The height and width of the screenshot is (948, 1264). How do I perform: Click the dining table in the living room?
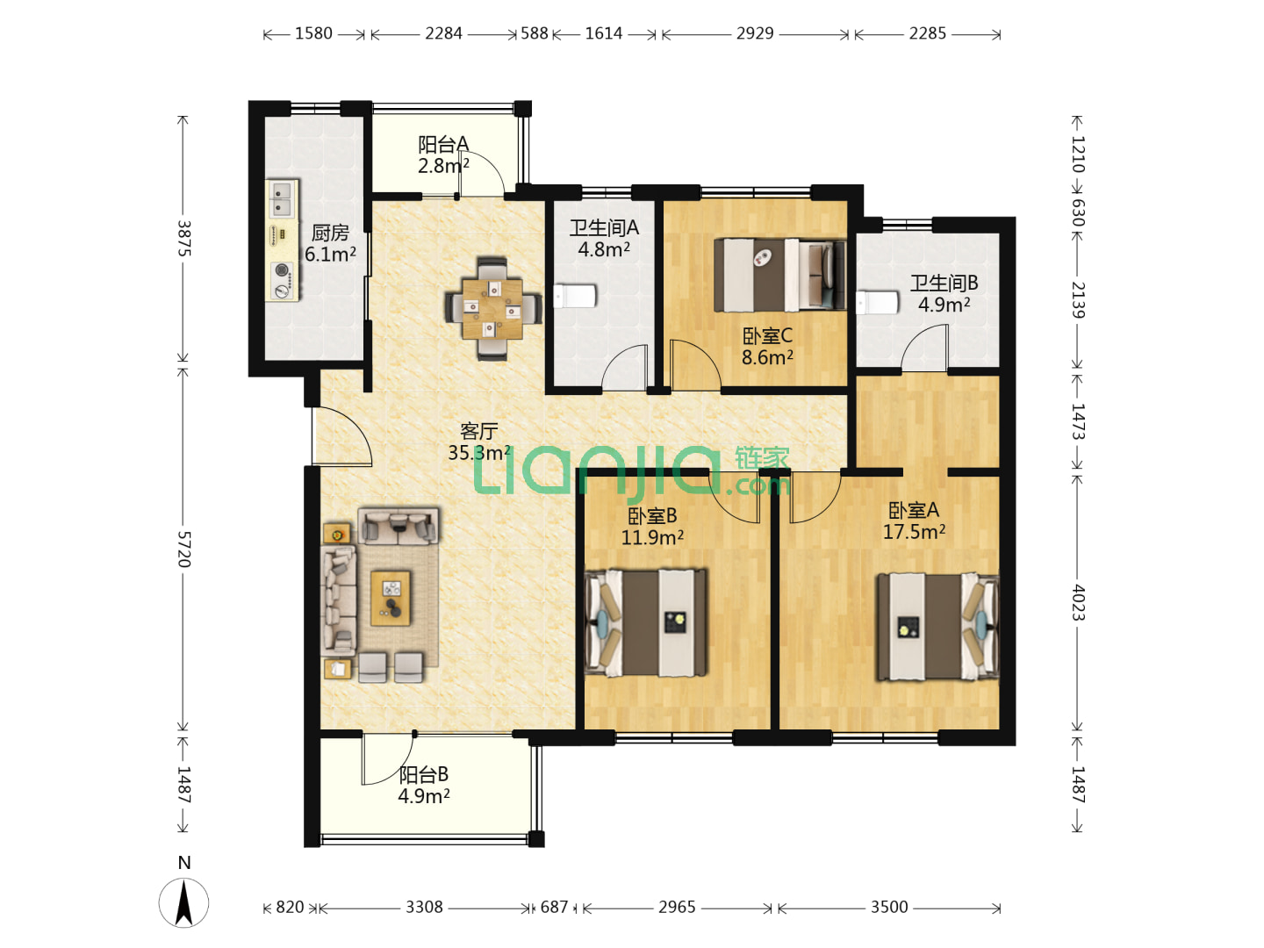click(492, 308)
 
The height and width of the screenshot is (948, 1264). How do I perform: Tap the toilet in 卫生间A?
click(575, 297)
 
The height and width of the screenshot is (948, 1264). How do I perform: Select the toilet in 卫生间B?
click(877, 303)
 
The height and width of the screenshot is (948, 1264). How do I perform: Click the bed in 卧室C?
click(779, 275)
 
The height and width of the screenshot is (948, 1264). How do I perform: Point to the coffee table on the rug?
click(391, 598)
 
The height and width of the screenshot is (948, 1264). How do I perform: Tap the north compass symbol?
click(183, 902)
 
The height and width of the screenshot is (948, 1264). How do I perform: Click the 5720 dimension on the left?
click(183, 549)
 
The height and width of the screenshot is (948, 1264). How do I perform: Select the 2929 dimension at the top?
click(754, 33)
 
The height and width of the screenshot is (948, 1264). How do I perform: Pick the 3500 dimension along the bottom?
click(888, 907)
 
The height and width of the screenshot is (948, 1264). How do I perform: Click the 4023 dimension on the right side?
click(1077, 603)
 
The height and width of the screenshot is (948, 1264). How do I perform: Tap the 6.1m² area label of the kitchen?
click(330, 254)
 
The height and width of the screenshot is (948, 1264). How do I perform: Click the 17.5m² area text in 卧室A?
click(914, 531)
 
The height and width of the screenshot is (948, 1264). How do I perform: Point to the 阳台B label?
click(423, 774)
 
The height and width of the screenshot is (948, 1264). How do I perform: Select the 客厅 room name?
click(478, 431)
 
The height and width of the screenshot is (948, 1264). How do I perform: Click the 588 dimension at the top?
click(535, 33)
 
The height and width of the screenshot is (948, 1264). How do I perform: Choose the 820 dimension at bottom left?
click(290, 907)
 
